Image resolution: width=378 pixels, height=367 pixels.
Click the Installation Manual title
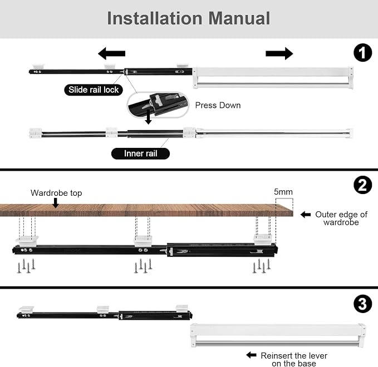click(x=189, y=18)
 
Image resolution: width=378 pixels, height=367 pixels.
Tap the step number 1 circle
click(x=362, y=52)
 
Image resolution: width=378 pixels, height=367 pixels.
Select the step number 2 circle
click(x=362, y=185)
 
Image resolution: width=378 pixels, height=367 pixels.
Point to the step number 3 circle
click(x=362, y=304)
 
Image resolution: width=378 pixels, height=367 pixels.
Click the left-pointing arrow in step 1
click(x=111, y=53)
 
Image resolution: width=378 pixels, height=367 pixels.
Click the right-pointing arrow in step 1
click(x=279, y=53)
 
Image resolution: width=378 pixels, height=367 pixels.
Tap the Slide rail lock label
click(x=94, y=90)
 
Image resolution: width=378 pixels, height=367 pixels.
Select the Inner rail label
click(x=140, y=153)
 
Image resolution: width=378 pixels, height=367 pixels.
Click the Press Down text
click(x=218, y=105)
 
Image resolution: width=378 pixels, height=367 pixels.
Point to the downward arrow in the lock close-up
click(x=148, y=117)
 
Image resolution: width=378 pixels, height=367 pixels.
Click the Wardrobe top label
click(x=56, y=193)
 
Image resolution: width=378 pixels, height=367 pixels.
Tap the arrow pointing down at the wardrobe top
click(x=56, y=203)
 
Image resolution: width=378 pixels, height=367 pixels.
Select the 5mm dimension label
click(x=283, y=192)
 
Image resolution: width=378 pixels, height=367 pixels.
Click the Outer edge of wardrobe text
click(x=341, y=218)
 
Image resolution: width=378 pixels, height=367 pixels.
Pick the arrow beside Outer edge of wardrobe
click(x=306, y=214)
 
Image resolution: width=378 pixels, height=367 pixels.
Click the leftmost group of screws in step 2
click(x=26, y=266)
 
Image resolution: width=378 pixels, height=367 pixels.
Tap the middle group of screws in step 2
click(x=143, y=266)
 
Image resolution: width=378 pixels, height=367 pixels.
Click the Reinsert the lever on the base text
click(x=294, y=359)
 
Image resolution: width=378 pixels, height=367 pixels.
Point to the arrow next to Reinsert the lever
click(x=251, y=355)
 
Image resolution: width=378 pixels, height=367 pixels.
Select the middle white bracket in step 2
click(x=143, y=241)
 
